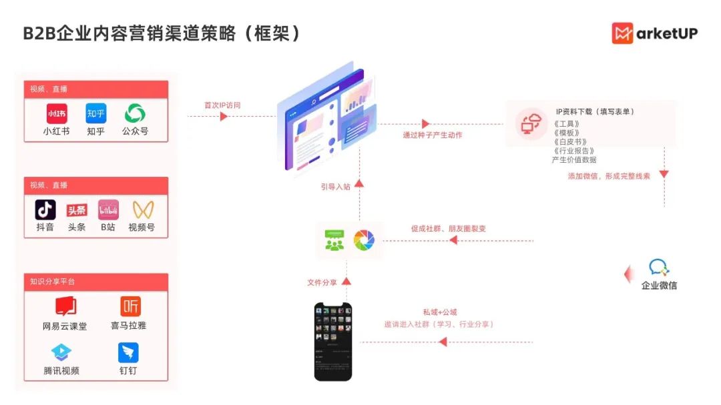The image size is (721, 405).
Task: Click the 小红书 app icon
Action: [x=56, y=113]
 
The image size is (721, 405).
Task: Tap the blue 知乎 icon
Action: [x=95, y=113]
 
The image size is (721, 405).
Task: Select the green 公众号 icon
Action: [x=135, y=113]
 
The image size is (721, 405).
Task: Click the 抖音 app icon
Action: [x=45, y=210]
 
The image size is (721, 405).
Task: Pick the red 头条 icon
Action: [x=77, y=210]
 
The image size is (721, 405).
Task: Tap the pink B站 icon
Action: [x=108, y=210]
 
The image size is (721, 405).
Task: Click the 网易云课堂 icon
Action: [x=65, y=306]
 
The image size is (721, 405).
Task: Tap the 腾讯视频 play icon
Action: [x=61, y=352]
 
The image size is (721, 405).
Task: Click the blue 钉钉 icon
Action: [x=128, y=352]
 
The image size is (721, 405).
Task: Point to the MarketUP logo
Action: [x=654, y=33]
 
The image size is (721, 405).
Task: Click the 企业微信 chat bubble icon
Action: [x=658, y=268]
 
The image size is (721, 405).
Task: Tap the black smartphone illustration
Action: [x=333, y=342]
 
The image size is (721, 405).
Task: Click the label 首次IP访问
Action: [x=222, y=105]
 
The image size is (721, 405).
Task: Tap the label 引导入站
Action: [x=335, y=187]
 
